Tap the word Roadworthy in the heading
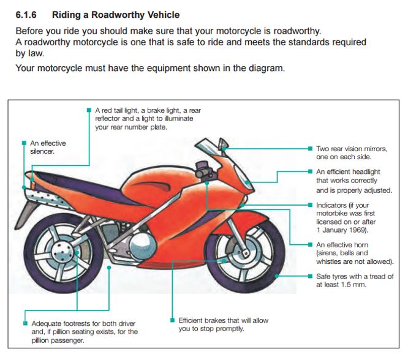(x=105, y=13)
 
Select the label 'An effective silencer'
(x=48, y=148)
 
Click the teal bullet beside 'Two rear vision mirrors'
(x=311, y=149)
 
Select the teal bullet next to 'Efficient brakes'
(x=172, y=320)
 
